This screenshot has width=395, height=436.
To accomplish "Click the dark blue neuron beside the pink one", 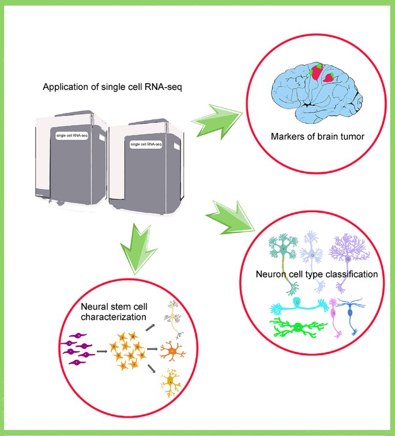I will tap(352, 314).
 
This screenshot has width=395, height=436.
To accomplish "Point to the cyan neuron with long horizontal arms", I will tap(296, 305).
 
